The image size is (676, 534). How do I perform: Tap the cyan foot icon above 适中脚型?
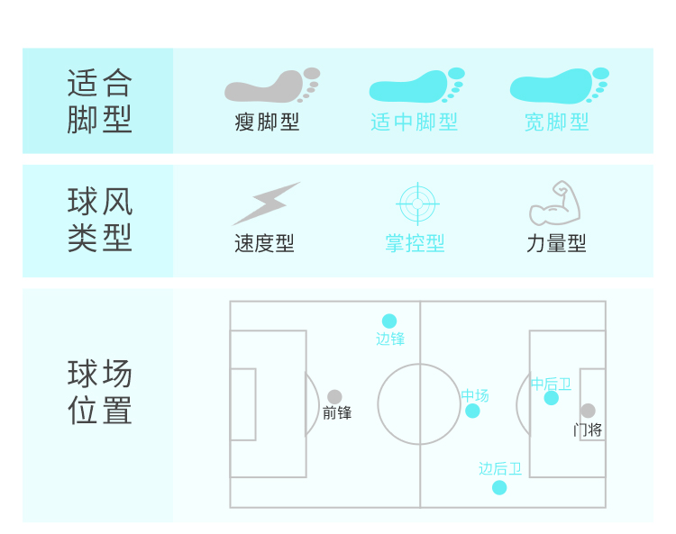pyautogui.click(x=416, y=86)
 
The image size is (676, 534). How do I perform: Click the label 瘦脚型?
pyautogui.click(x=267, y=122)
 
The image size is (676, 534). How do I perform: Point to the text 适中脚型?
pyautogui.click(x=415, y=122)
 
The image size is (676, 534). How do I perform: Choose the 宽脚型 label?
pyautogui.click(x=557, y=122)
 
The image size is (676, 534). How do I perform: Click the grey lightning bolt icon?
pyautogui.click(x=266, y=204)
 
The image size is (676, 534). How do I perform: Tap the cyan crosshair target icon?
pyautogui.click(x=417, y=204)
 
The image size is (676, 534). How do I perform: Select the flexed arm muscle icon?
pyautogui.click(x=555, y=204)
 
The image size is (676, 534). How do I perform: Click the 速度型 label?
pyautogui.click(x=264, y=243)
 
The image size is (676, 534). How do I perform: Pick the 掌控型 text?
pyautogui.click(x=415, y=243)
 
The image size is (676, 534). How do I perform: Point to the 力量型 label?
pyautogui.click(x=556, y=243)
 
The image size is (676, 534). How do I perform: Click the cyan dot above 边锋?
pyautogui.click(x=389, y=321)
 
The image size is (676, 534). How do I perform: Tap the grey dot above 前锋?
pyautogui.click(x=334, y=396)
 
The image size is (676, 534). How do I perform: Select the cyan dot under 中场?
pyautogui.click(x=472, y=411)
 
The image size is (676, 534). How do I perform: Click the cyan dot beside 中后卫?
pyautogui.click(x=552, y=398)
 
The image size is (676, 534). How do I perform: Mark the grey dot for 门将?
pyautogui.click(x=588, y=411)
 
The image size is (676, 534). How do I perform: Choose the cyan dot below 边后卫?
pyautogui.click(x=499, y=487)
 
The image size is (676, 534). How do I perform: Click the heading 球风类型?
pyautogui.click(x=99, y=220)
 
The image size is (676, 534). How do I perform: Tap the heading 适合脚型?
pyautogui.click(x=99, y=101)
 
